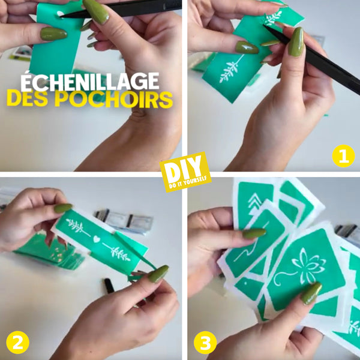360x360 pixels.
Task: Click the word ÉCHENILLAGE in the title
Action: pyautogui.click(x=90, y=82)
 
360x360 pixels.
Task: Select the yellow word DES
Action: pyautogui.click(x=29, y=99)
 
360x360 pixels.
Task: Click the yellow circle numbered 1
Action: pyautogui.click(x=343, y=155)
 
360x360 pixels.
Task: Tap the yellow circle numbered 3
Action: pyautogui.click(x=205, y=343)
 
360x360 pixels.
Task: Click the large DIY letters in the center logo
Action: pyautogui.click(x=183, y=167)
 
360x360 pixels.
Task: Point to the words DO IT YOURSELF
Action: pyautogui.click(x=188, y=182)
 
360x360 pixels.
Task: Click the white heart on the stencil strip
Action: pyautogui.click(x=97, y=239)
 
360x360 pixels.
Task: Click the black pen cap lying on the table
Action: pyautogui.click(x=109, y=286)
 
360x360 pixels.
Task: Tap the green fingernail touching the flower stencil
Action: pyautogui.click(x=311, y=293)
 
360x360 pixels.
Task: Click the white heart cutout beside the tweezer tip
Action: pyautogui.click(x=60, y=14)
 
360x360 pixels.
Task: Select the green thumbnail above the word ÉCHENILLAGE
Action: pyautogui.click(x=54, y=34)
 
